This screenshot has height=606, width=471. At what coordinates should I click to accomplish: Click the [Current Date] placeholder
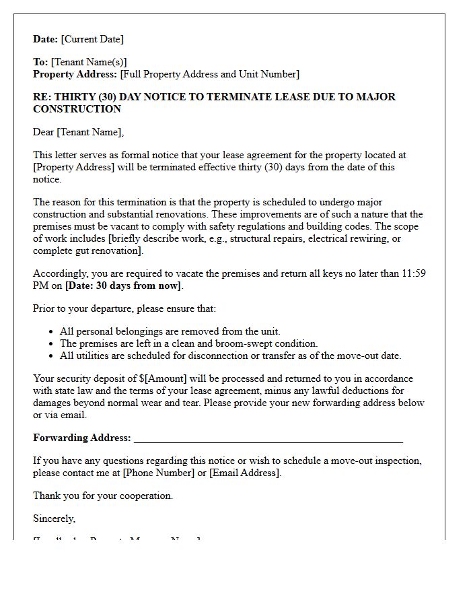[x=92, y=39]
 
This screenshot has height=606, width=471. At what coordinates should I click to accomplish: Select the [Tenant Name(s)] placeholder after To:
[x=89, y=62]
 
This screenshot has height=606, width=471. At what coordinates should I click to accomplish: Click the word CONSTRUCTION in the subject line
[x=77, y=109]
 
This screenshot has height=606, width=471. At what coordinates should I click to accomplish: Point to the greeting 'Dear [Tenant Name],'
[x=79, y=132]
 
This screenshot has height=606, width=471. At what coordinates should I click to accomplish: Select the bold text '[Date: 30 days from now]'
[x=123, y=285]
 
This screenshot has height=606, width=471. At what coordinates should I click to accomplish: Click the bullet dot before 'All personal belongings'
[x=52, y=331]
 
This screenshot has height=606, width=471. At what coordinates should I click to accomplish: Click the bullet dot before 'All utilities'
[x=52, y=356]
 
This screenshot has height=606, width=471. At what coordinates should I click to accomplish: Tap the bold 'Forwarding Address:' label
[x=82, y=438]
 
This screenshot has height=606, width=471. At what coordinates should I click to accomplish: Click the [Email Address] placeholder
[x=244, y=473]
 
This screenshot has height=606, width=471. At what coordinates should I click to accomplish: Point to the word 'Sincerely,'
[x=55, y=518]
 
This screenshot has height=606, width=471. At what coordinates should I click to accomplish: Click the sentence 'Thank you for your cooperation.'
[x=103, y=496]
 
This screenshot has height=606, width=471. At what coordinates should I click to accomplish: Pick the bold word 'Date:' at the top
[x=46, y=39]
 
